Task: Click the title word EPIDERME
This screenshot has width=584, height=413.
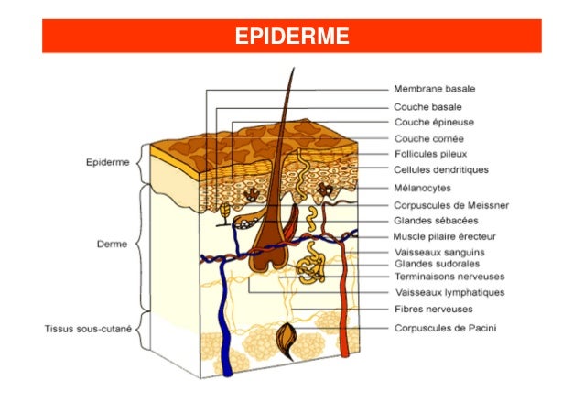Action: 291,37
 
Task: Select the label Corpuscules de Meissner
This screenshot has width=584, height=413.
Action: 451,204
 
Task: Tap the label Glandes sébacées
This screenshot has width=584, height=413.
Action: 437,220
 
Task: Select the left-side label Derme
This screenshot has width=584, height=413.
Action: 112,245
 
